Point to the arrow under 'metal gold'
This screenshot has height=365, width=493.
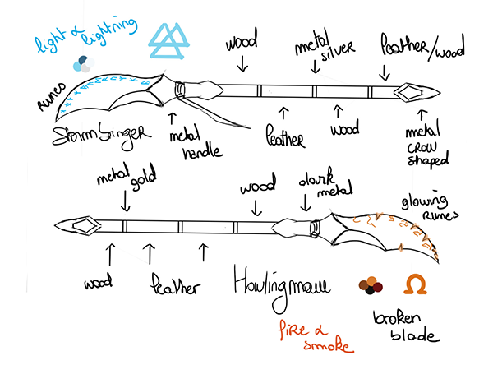pos(126,202)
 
